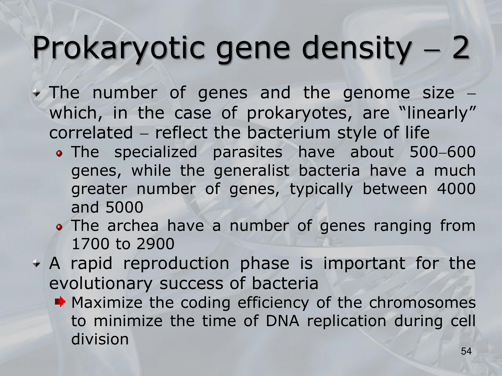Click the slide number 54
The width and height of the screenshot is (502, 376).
click(x=466, y=351)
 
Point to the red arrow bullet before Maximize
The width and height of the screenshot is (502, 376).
click(x=60, y=302)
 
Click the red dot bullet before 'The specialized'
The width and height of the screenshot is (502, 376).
click(x=59, y=153)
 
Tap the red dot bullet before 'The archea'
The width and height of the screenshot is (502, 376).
click(x=59, y=227)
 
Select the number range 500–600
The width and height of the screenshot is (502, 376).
click(x=443, y=152)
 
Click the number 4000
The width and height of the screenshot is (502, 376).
click(x=456, y=189)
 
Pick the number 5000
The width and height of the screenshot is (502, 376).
click(x=124, y=207)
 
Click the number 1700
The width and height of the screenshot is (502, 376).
click(x=91, y=244)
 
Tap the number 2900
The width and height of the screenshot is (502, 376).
click(x=156, y=244)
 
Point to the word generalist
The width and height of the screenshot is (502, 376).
click(x=252, y=171)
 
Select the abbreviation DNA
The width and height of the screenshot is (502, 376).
click(x=282, y=321)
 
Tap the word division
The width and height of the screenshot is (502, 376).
click(x=100, y=339)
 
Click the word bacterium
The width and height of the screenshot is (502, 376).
click(x=289, y=133)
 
